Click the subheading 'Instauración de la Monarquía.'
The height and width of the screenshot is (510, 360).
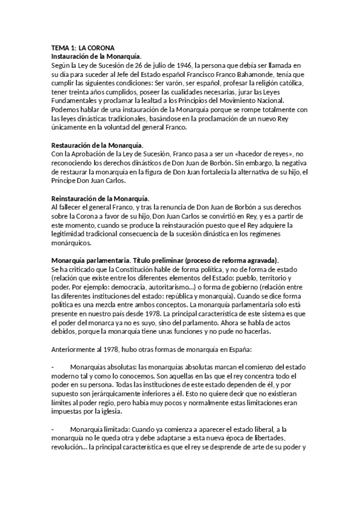[96, 56]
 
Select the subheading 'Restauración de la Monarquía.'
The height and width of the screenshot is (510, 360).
[97, 146]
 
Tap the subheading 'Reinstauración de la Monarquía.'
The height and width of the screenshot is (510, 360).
[100, 198]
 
